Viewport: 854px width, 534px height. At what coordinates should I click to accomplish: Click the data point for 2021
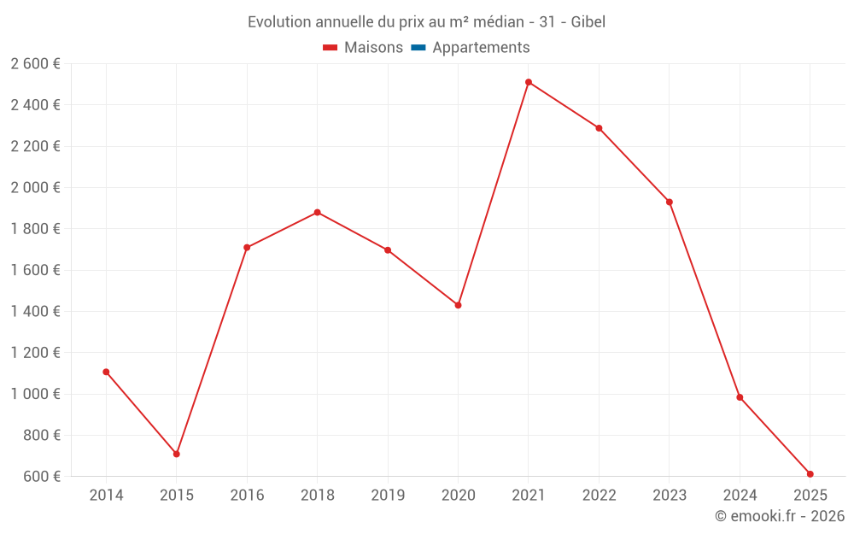click(529, 82)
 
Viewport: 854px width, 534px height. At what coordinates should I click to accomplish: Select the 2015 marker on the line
click(177, 454)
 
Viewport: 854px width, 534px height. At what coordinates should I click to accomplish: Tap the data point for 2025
click(810, 474)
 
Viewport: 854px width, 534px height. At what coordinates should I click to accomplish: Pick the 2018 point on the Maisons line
click(318, 212)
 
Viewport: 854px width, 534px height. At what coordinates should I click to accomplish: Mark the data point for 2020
click(458, 305)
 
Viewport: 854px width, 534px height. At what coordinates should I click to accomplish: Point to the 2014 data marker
click(106, 372)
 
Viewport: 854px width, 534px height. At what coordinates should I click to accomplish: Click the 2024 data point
click(740, 397)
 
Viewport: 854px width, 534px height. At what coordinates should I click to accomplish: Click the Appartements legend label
click(481, 48)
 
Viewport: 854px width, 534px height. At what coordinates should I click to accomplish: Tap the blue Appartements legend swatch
click(418, 48)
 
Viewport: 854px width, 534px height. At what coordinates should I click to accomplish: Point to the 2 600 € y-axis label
click(35, 64)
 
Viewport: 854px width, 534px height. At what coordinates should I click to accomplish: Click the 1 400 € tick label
click(35, 312)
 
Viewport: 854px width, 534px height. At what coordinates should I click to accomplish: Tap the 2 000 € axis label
click(35, 188)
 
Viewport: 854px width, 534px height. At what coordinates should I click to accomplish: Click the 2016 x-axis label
click(247, 496)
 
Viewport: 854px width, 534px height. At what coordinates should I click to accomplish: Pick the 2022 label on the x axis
click(599, 496)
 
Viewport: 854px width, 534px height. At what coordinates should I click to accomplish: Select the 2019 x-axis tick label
click(388, 496)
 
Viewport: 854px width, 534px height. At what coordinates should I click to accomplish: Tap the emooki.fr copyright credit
click(780, 516)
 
